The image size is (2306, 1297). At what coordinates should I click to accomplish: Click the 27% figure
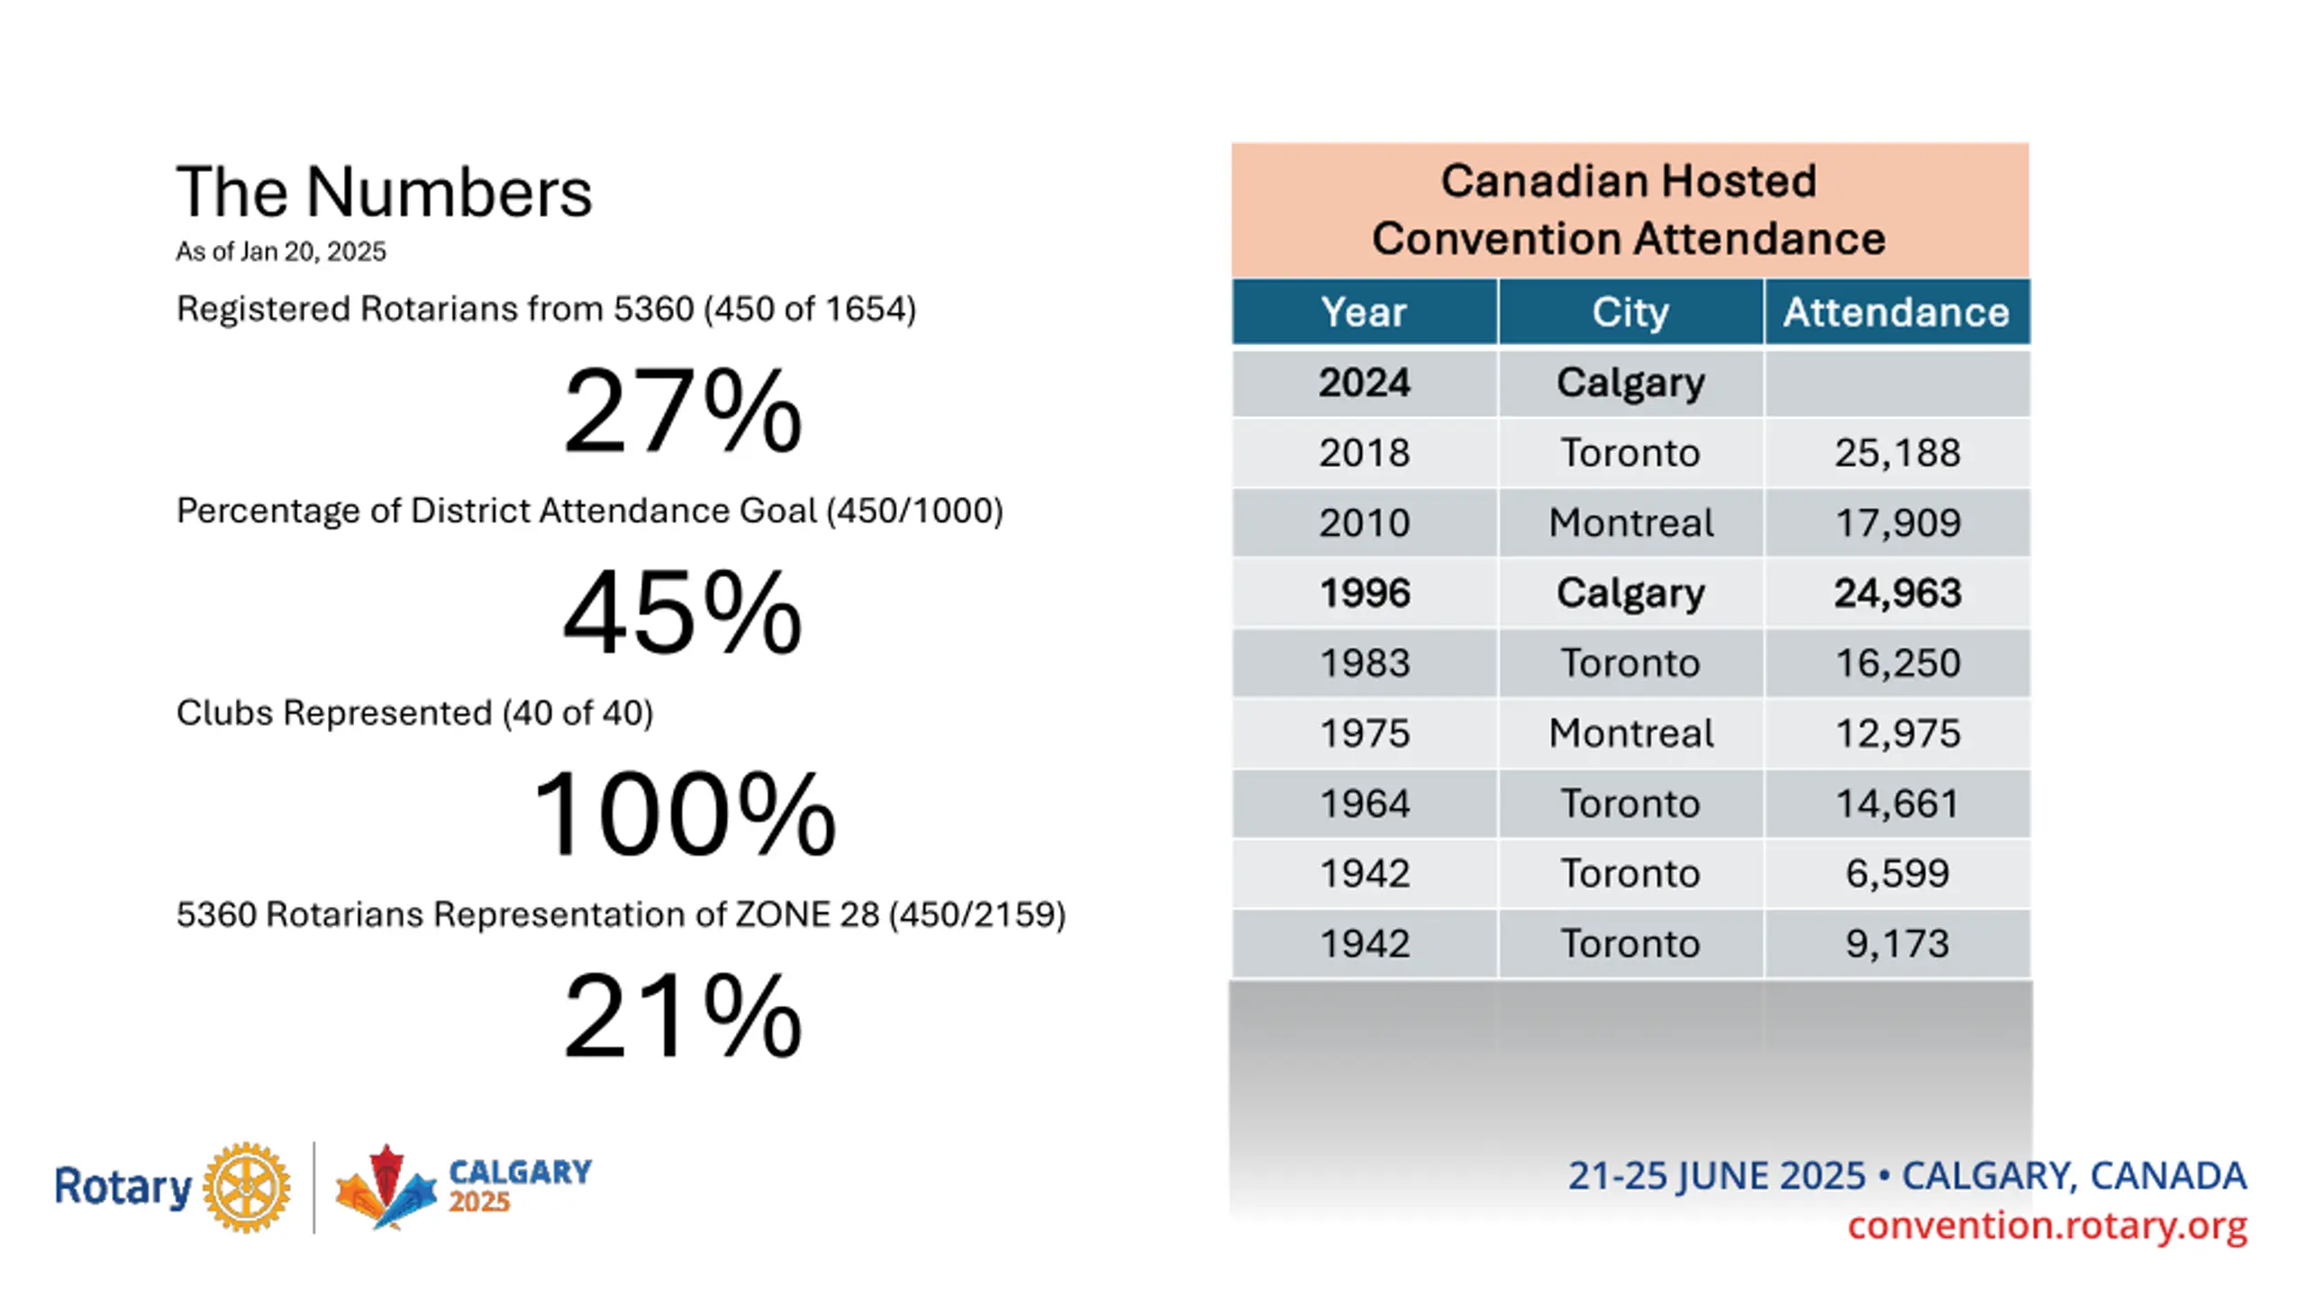click(x=682, y=412)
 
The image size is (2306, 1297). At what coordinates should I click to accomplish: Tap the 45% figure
click(x=682, y=614)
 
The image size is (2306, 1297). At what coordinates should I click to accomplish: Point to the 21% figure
click(x=682, y=1018)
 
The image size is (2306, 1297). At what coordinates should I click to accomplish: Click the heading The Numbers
click(x=384, y=192)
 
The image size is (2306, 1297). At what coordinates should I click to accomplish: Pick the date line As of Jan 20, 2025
click(x=280, y=251)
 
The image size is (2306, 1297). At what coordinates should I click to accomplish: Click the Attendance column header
click(x=1896, y=313)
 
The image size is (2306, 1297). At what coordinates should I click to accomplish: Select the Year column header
click(x=1364, y=313)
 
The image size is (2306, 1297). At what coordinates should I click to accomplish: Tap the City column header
click(x=1630, y=313)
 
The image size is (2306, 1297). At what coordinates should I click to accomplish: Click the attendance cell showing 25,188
click(x=1897, y=452)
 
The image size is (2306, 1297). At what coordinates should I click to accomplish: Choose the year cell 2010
click(x=1364, y=522)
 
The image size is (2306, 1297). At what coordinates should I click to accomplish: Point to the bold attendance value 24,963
click(x=1897, y=593)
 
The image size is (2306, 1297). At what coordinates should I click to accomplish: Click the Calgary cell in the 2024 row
click(x=1630, y=383)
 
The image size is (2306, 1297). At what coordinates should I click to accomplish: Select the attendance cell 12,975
click(x=1897, y=733)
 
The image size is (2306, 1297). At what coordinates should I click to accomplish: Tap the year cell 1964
click(x=1364, y=803)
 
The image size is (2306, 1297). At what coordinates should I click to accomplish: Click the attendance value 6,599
click(x=1897, y=873)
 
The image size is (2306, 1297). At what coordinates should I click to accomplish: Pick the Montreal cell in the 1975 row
click(x=1630, y=733)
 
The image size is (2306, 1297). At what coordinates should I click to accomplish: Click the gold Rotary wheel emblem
click(x=246, y=1187)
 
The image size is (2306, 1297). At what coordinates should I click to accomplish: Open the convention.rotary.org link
click(x=2047, y=1226)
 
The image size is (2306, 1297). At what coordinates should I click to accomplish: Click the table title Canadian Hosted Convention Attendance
click(x=1629, y=210)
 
